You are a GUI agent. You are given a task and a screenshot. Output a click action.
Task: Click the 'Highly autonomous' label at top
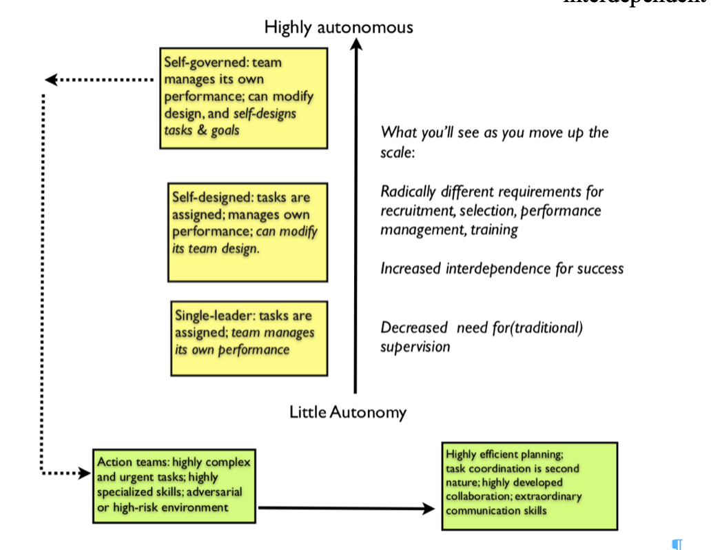(x=338, y=28)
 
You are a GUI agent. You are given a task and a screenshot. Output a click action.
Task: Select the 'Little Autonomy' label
(x=347, y=412)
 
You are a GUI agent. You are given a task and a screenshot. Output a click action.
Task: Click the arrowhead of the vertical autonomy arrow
(x=355, y=45)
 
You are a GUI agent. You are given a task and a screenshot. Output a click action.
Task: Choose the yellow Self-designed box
(x=248, y=232)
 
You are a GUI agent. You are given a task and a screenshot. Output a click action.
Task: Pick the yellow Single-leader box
(x=249, y=338)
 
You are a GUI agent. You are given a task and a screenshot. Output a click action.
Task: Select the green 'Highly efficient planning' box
(x=528, y=487)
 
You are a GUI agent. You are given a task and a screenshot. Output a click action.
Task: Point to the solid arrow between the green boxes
(x=344, y=509)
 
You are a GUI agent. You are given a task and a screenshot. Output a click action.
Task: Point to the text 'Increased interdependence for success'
(x=502, y=268)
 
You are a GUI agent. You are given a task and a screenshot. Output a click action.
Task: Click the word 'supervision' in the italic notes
(x=415, y=346)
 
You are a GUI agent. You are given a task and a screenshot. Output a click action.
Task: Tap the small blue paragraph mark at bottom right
(x=677, y=544)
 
